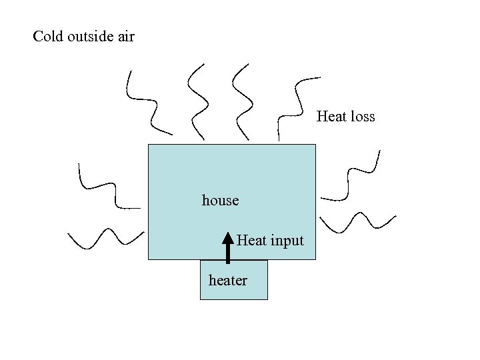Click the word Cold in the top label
(x=48, y=36)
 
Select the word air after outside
(x=125, y=37)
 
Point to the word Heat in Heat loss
(x=331, y=117)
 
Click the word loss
(x=363, y=117)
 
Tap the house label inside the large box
(x=220, y=200)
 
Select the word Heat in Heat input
(x=251, y=240)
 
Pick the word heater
(x=227, y=281)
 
